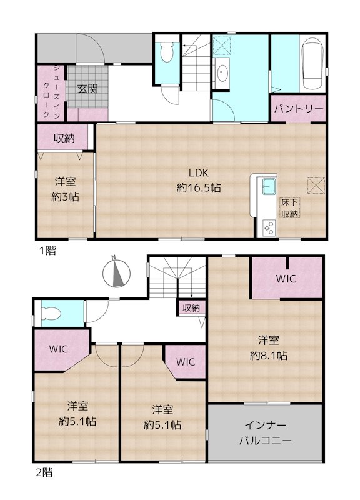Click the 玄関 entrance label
pyautogui.click(x=87, y=88)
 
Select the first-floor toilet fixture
pyautogui.click(x=166, y=54)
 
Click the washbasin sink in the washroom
pyautogui.click(x=223, y=74)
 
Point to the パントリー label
pyautogui.click(x=298, y=109)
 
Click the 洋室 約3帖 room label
pyautogui.click(x=65, y=189)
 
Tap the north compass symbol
pyautogui.click(x=116, y=272)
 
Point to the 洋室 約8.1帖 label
pyautogui.click(x=269, y=347)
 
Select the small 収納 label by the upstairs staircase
pyautogui.click(x=191, y=307)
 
